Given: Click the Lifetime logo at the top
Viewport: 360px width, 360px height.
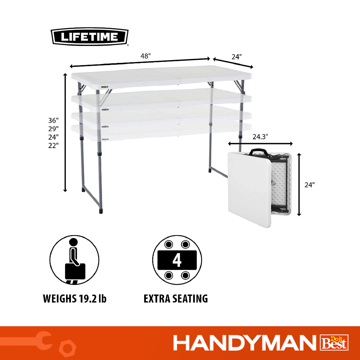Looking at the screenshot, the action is (x=89, y=37).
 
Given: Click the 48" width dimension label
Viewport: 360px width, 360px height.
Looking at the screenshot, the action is (x=146, y=56).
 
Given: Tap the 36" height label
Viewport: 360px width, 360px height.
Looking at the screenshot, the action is (x=53, y=120).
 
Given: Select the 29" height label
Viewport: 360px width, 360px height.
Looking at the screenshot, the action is (x=53, y=129).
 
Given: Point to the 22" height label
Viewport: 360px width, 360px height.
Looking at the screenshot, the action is (x=53, y=145).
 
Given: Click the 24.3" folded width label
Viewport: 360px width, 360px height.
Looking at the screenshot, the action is (x=261, y=137).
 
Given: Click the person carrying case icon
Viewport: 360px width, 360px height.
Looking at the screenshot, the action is (x=75, y=260).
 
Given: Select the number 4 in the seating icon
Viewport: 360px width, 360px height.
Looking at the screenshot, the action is (x=177, y=260).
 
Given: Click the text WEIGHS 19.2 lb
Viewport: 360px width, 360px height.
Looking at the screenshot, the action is (x=75, y=298).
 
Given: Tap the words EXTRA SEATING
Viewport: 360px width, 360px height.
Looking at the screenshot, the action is (x=176, y=299).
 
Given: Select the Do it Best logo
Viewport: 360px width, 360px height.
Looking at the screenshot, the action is (x=334, y=342).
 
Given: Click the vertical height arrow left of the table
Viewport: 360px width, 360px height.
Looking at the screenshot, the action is (x=65, y=133).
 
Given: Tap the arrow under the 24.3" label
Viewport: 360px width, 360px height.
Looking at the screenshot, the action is (x=261, y=144).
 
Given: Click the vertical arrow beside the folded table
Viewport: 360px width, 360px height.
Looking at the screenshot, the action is (x=299, y=184).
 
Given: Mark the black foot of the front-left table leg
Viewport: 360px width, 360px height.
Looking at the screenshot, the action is (x=101, y=211).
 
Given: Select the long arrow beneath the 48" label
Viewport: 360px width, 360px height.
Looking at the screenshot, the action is (x=140, y=63).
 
